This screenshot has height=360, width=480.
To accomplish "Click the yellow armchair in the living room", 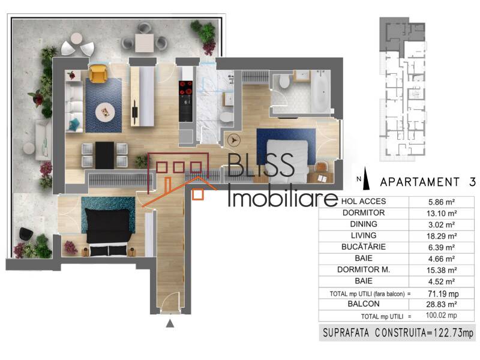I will (x=98, y=74).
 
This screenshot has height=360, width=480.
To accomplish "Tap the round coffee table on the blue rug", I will (x=107, y=111).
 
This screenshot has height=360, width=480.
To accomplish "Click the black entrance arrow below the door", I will (x=170, y=323).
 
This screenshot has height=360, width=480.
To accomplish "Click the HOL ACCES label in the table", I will (x=363, y=201).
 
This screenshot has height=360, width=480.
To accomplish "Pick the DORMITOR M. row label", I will (x=363, y=269).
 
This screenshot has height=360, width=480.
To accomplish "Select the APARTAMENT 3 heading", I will (x=420, y=181).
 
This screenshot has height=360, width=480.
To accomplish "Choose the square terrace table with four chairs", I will (x=144, y=41).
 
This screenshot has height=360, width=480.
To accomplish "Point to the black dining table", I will (x=104, y=155).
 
